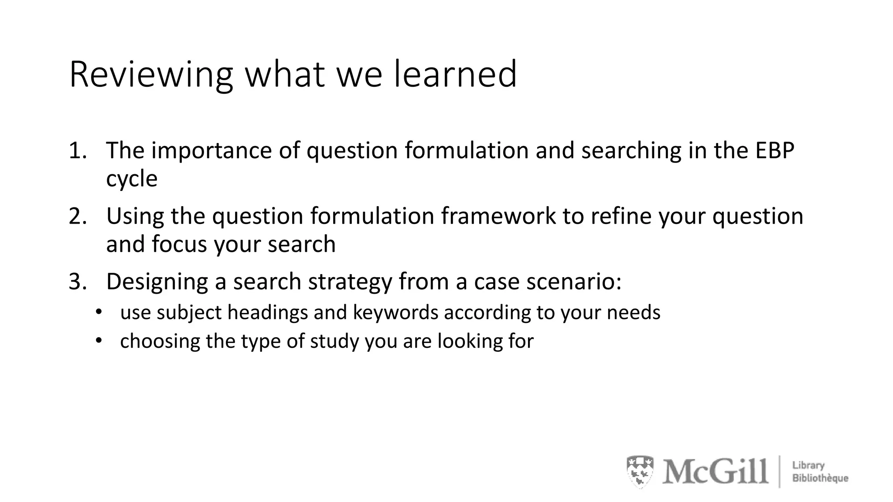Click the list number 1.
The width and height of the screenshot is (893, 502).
tap(77, 151)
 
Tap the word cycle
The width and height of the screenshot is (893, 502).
tap(132, 179)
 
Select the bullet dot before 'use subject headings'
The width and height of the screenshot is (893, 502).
tap(99, 312)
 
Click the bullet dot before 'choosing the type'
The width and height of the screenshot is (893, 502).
tap(99, 340)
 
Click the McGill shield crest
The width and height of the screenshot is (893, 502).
tap(640, 471)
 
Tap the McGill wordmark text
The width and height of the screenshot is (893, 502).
tap(715, 471)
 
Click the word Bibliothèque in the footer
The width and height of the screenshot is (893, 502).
tap(820, 478)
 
